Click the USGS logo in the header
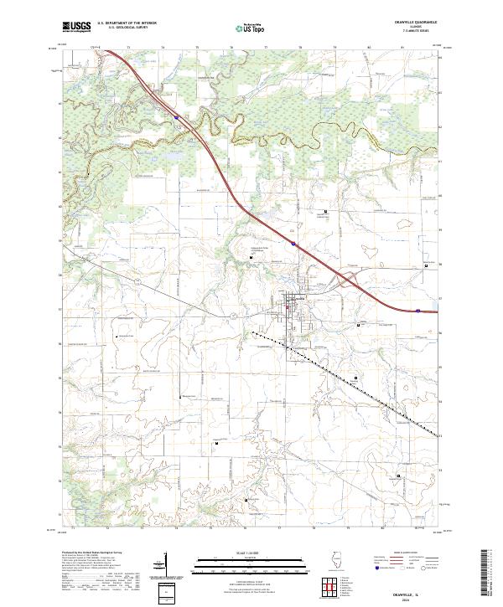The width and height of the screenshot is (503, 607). pyautogui.click(x=76, y=27)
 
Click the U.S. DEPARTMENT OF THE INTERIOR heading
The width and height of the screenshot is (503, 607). pyautogui.click(x=127, y=23)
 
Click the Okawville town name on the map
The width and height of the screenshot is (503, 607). pyautogui.click(x=298, y=296)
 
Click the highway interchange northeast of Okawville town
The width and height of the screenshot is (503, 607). pyautogui.click(x=344, y=282)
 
